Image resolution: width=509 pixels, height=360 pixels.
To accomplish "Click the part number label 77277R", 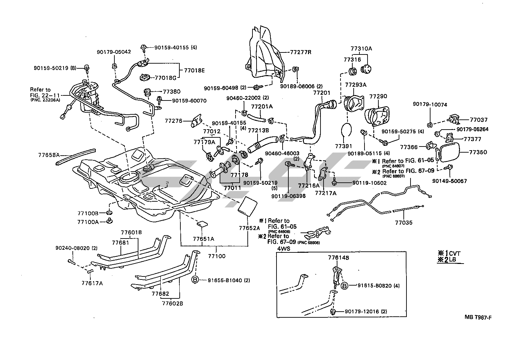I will click(x=301, y=52).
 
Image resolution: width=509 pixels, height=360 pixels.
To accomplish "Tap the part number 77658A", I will click(x=49, y=155).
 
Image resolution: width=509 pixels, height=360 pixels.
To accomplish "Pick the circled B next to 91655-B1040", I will click(x=195, y=280).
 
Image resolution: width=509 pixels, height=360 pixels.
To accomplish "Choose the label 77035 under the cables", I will click(x=404, y=223).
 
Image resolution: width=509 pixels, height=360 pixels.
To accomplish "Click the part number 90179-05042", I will click(x=114, y=52).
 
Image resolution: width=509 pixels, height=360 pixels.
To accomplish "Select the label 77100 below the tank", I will click(x=217, y=256).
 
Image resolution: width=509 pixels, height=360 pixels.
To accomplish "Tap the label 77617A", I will click(x=92, y=283).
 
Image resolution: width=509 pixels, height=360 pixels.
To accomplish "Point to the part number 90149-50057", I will click(x=449, y=181).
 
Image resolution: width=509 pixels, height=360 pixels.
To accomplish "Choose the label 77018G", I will click(x=165, y=78).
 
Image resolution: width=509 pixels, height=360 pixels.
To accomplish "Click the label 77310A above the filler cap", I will click(x=361, y=49).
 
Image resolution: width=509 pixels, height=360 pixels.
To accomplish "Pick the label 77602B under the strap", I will click(x=172, y=303).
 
